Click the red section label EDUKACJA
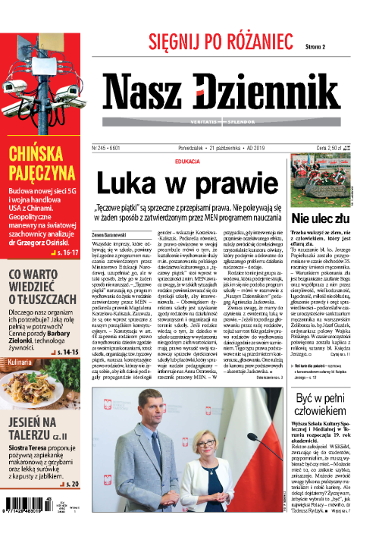click(x=186, y=162)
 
